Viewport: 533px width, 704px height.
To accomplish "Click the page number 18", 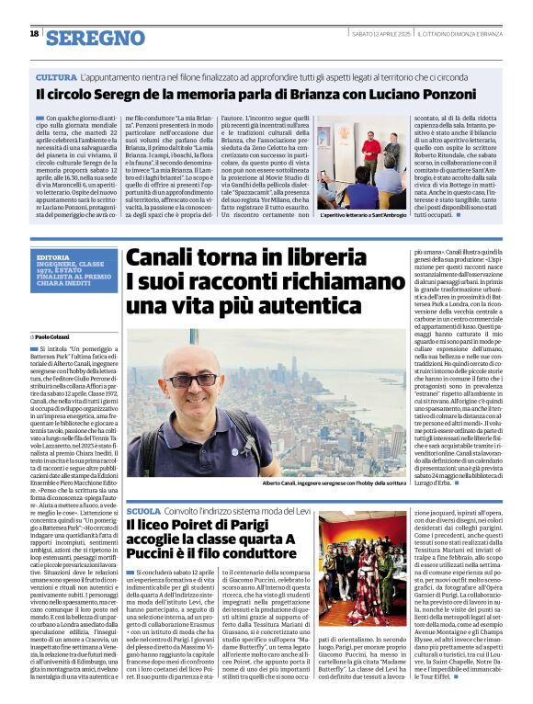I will point(34,34).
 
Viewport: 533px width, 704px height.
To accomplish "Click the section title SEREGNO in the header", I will point(95,38).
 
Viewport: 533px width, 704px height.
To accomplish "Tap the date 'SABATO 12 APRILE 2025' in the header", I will point(380,35).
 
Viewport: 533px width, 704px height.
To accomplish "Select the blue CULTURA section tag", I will point(56,77).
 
